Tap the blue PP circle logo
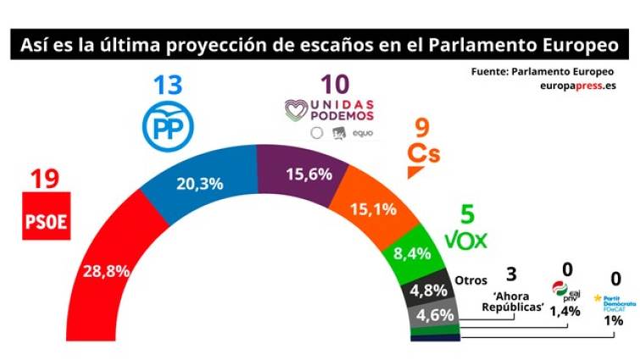click(172, 125)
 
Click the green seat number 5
click(465, 215)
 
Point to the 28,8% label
click(104, 273)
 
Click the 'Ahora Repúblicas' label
click(511, 302)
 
